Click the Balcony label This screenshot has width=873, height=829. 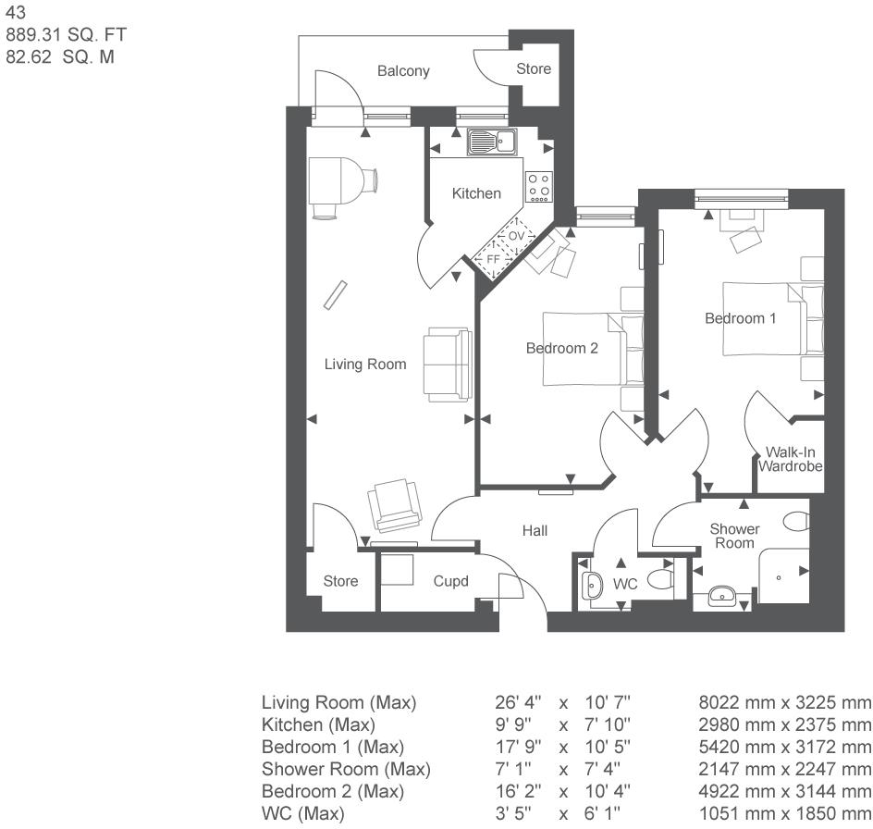[403, 71]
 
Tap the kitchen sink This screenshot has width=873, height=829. [491, 142]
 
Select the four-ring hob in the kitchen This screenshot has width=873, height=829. [538, 187]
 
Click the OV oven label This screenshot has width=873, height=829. [516, 237]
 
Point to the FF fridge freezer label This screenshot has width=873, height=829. [493, 260]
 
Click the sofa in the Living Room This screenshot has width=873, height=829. [446, 364]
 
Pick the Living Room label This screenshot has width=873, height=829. [364, 365]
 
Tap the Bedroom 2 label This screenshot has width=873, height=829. [562, 349]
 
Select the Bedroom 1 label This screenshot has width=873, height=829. [741, 318]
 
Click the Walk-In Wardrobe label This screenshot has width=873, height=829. [790, 460]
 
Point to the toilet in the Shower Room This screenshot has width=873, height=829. [795, 523]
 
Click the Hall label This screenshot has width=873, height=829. [535, 531]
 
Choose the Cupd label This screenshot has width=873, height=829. [451, 582]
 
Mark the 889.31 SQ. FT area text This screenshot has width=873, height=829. [66, 35]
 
